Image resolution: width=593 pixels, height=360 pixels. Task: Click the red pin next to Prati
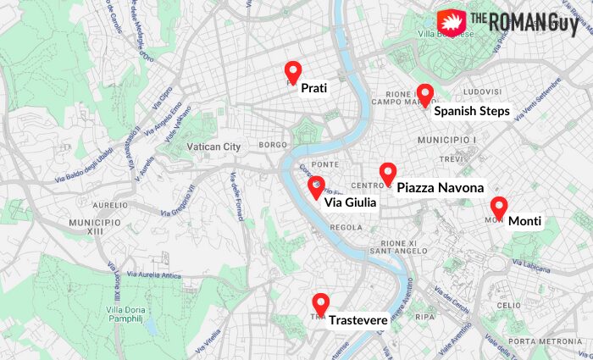(x=293, y=72)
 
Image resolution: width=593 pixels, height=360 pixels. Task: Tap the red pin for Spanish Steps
(x=425, y=94)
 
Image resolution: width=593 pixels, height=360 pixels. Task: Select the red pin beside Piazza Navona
(x=388, y=173)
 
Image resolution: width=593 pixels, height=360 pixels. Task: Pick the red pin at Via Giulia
(x=316, y=186)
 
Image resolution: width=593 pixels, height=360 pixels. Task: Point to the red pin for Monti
(x=499, y=207)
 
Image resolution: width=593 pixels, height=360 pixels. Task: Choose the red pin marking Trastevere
(x=320, y=303)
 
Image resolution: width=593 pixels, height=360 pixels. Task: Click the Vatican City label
(x=213, y=147)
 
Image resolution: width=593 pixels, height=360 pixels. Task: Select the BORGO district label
(x=274, y=146)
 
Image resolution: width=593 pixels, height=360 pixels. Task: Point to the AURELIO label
(x=110, y=205)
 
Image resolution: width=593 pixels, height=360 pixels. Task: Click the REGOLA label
(x=346, y=227)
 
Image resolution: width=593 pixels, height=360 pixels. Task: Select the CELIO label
(x=509, y=305)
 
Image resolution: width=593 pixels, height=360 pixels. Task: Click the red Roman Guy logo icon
(x=449, y=22)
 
